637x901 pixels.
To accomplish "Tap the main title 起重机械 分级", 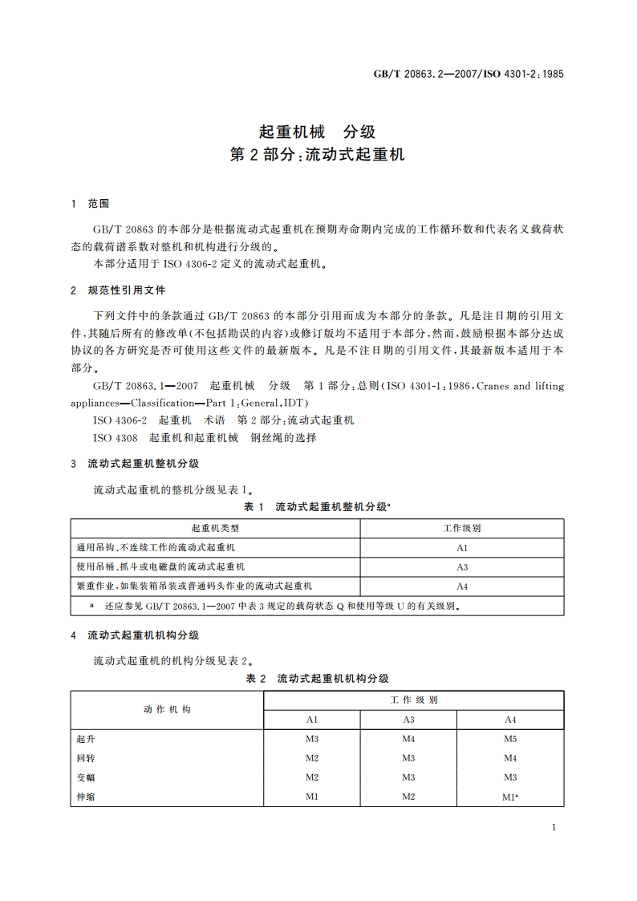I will (318, 131).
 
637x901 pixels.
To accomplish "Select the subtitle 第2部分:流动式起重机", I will (318, 155).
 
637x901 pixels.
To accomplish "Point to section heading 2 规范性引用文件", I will (117, 290).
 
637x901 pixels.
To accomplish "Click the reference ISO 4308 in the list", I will (116, 438).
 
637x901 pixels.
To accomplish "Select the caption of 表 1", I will (318, 507).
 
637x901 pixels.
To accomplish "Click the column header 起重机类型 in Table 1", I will (215, 528).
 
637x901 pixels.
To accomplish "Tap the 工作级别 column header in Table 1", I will (462, 528).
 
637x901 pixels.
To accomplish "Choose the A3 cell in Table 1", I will (462, 567).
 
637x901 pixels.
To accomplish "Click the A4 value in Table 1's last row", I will (462, 586).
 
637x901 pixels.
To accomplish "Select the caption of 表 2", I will (318, 679).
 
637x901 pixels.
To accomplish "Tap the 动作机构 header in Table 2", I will (167, 709).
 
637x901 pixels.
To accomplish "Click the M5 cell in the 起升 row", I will (510, 738).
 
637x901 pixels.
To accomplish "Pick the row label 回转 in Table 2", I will (86, 757).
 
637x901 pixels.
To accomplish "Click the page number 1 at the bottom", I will (554, 828).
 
